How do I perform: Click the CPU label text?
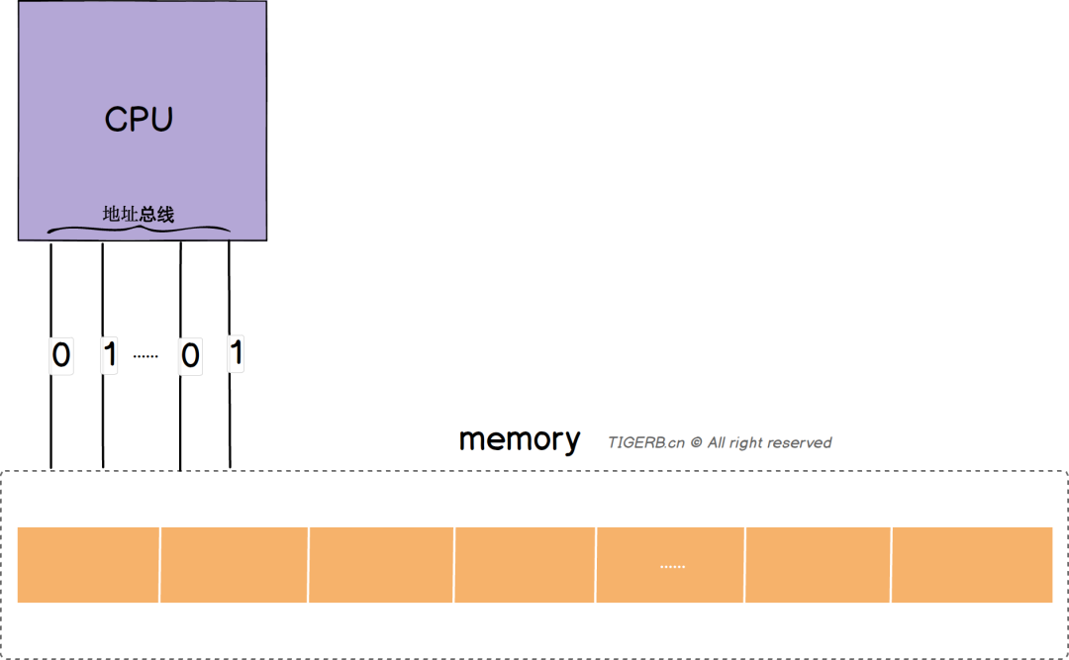point(139,120)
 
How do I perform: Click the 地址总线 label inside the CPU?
point(139,214)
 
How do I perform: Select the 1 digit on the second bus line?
point(110,354)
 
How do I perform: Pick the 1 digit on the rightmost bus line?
point(236,352)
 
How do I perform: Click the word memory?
point(519,439)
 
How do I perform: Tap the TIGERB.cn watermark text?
point(645,443)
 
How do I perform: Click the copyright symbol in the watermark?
point(696,443)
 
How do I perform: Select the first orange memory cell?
point(88,565)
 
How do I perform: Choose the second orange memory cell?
point(234,565)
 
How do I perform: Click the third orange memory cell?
point(381,565)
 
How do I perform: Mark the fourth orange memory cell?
point(525,565)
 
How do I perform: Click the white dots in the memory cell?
point(672,567)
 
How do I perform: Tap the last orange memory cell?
point(972,565)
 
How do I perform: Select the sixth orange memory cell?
point(818,565)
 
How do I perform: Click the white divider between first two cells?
point(159,565)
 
